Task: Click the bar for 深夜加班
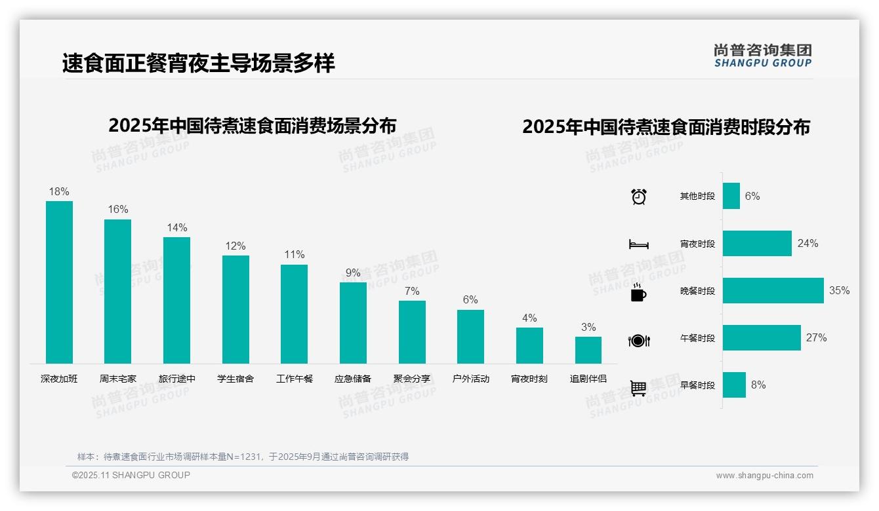point(59,282)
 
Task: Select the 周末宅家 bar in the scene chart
point(118,292)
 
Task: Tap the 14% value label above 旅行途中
point(176,228)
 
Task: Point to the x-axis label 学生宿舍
point(235,379)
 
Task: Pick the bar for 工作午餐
point(294,314)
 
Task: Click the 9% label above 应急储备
point(353,273)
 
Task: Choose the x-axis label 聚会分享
point(412,379)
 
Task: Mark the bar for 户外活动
point(470,337)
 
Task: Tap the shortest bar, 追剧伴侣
point(588,350)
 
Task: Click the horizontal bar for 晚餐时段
point(773,291)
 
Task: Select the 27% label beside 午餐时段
point(816,338)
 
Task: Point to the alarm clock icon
point(639,197)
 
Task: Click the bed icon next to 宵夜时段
point(639,244)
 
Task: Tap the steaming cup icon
point(639,292)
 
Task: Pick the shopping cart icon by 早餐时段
point(639,388)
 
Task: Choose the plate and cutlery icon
point(639,340)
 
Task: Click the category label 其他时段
point(697,197)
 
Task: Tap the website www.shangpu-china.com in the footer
point(764,476)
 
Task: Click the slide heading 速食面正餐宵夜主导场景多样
point(199,64)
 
